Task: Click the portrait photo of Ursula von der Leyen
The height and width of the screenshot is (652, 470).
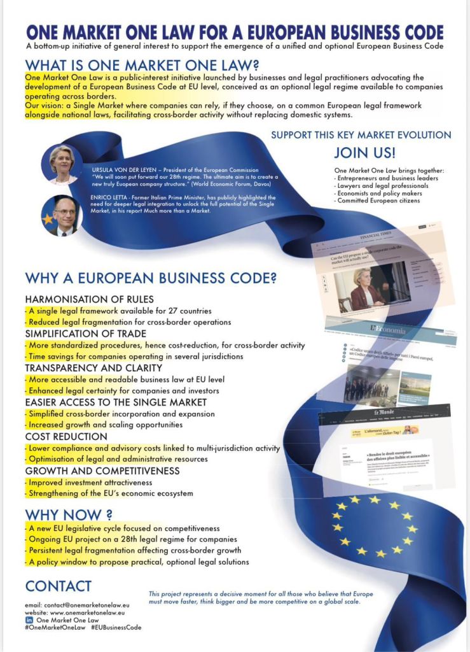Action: (x=62, y=164)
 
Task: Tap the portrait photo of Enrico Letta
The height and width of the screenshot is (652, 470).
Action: (x=62, y=215)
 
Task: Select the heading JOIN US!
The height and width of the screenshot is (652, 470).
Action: (x=364, y=153)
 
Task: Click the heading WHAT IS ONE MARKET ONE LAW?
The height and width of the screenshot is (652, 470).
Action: (x=142, y=66)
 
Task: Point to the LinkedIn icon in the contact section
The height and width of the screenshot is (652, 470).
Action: (x=29, y=620)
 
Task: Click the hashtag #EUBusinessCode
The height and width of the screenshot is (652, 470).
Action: (x=116, y=627)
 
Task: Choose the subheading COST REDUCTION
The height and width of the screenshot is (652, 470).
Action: (x=66, y=437)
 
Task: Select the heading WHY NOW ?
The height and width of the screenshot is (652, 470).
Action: (x=69, y=514)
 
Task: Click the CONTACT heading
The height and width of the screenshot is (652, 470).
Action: (x=59, y=586)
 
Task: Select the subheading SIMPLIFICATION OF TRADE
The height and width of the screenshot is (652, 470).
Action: (x=86, y=334)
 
